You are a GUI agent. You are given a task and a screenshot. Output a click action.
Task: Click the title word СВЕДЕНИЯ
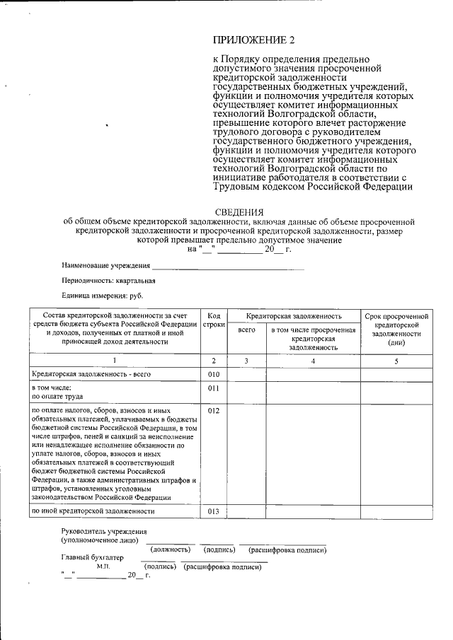tap(239, 212)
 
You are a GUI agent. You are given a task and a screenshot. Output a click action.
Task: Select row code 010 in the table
tap(214, 374)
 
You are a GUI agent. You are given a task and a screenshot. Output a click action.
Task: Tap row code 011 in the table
tap(214, 388)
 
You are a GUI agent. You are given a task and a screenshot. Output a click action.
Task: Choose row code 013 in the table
tap(214, 511)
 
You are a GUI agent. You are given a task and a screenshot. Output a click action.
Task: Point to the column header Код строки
tap(214, 320)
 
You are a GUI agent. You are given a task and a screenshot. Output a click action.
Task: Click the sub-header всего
tap(246, 330)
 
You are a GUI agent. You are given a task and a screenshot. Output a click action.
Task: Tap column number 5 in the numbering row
tap(396, 361)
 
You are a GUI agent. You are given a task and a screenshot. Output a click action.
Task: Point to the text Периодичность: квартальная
tap(108, 281)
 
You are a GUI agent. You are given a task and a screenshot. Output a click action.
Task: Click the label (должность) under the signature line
tap(170, 549)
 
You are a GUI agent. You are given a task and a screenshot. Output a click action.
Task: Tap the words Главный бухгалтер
tap(92, 557)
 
